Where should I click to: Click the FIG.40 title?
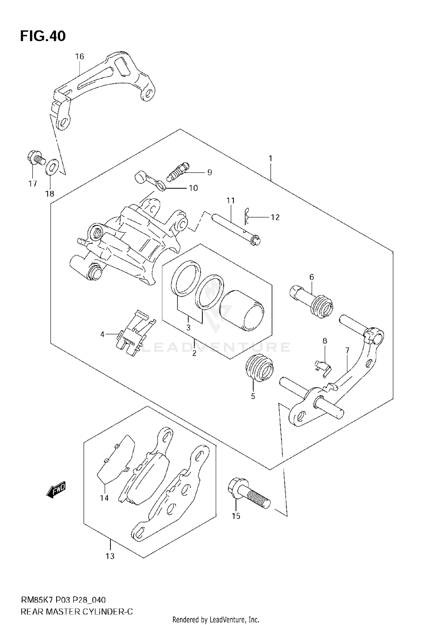pos(43,36)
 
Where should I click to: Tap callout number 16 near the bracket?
pos(79,56)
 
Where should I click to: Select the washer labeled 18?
pos(52,168)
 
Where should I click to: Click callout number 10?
pos(193,188)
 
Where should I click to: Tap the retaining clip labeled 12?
pos(246,216)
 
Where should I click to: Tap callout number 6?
pos(312,277)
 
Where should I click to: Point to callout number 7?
pos(347,350)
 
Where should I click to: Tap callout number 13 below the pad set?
pos(110,556)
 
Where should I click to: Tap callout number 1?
pos(270,158)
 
